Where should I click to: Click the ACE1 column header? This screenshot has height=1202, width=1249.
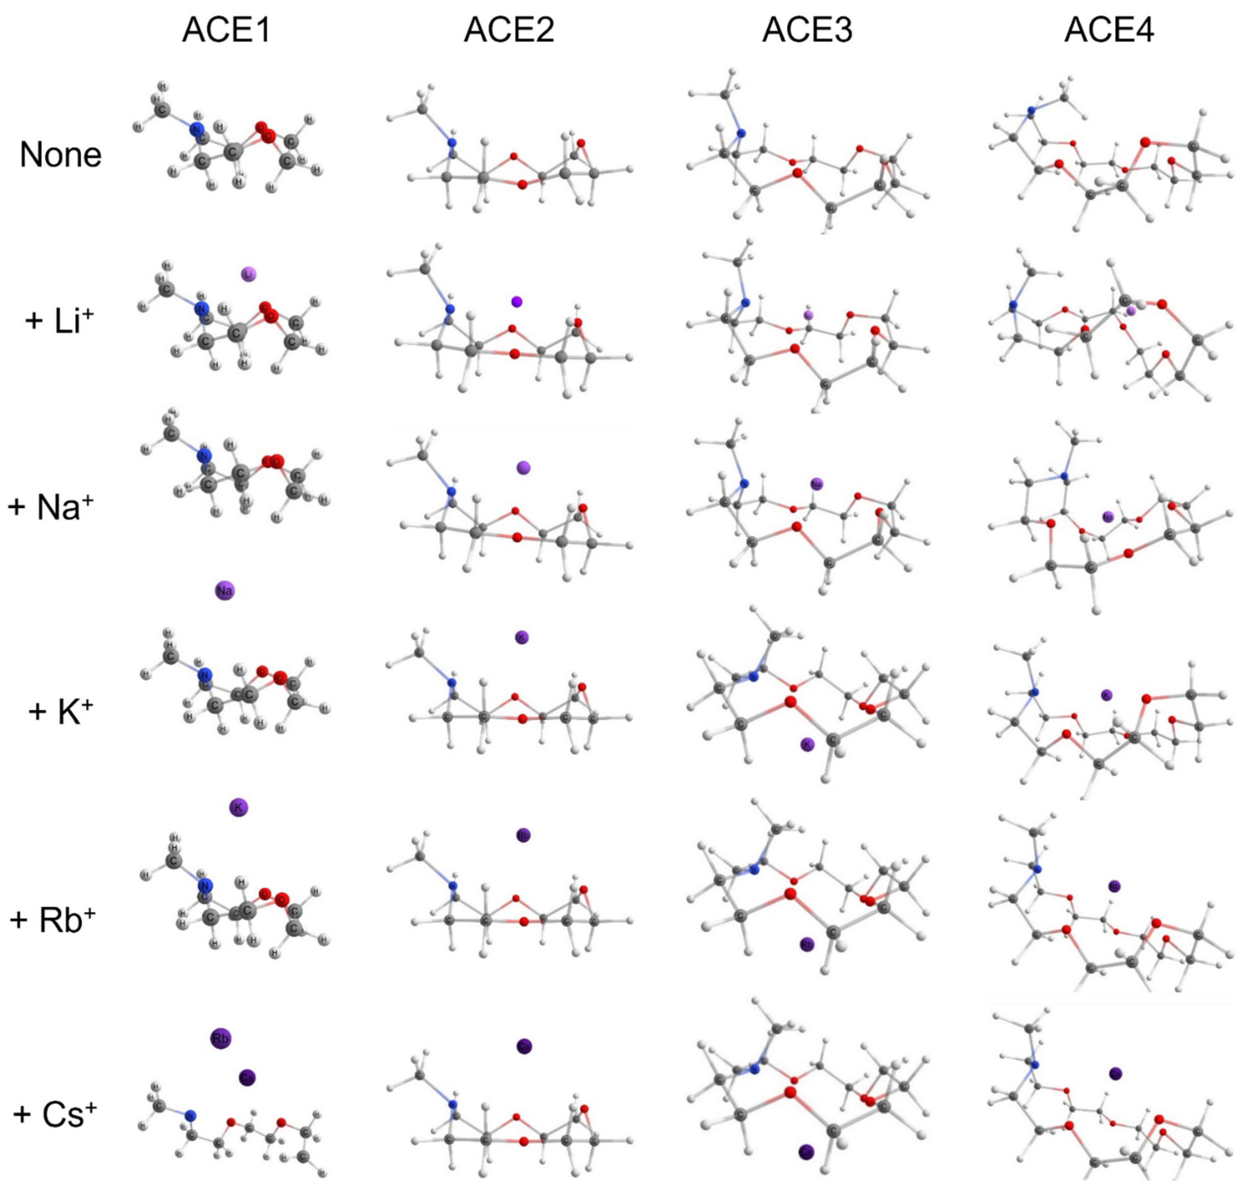(226, 30)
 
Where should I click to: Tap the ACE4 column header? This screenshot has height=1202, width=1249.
(1109, 30)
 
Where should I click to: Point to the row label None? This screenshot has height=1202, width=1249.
(61, 155)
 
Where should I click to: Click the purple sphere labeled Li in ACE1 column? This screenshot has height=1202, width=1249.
(249, 274)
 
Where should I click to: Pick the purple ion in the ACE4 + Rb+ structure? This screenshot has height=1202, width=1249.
(1114, 886)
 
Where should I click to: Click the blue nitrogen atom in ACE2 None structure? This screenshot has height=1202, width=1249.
(452, 143)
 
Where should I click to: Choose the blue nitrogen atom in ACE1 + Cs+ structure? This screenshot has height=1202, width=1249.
(190, 1115)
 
